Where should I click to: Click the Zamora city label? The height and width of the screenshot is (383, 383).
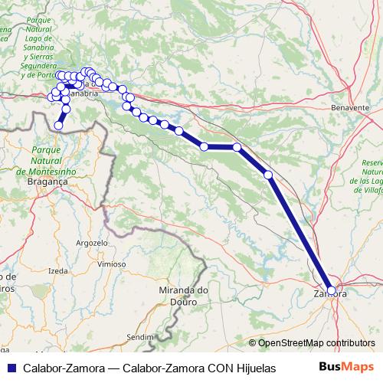click(x=330, y=294)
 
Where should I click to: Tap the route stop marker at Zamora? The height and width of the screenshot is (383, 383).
click(x=331, y=290)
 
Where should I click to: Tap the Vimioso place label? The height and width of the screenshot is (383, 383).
click(x=113, y=263)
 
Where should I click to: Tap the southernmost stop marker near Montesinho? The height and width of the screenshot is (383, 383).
click(x=58, y=125)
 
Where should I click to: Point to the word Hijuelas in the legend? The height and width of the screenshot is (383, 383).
click(x=254, y=368)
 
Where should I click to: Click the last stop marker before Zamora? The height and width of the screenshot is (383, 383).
click(x=268, y=175)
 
